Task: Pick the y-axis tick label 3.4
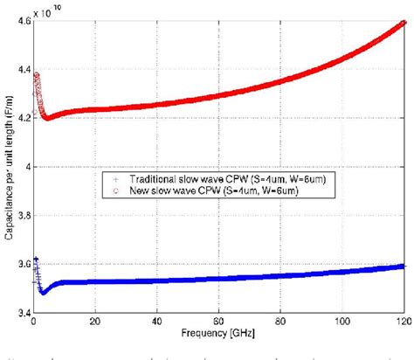19,312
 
